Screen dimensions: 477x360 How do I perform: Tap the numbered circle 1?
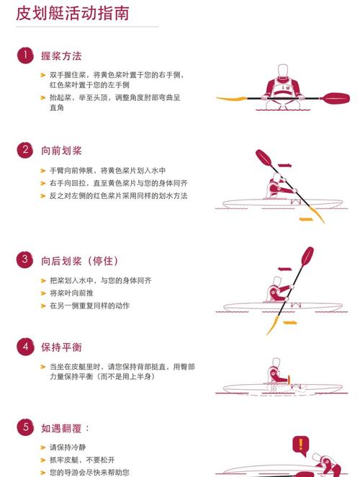26,55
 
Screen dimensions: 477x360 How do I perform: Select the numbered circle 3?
26,259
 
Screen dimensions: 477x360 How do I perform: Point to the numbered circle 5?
26,427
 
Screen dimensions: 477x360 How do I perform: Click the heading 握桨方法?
61,55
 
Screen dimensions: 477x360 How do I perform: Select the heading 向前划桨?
61,151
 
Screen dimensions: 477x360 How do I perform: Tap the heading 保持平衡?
61,347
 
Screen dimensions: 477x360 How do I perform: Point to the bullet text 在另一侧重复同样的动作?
89,306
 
